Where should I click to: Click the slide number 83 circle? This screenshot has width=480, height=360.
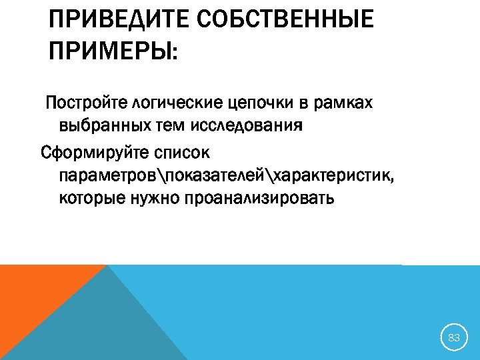[x=454, y=338]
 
